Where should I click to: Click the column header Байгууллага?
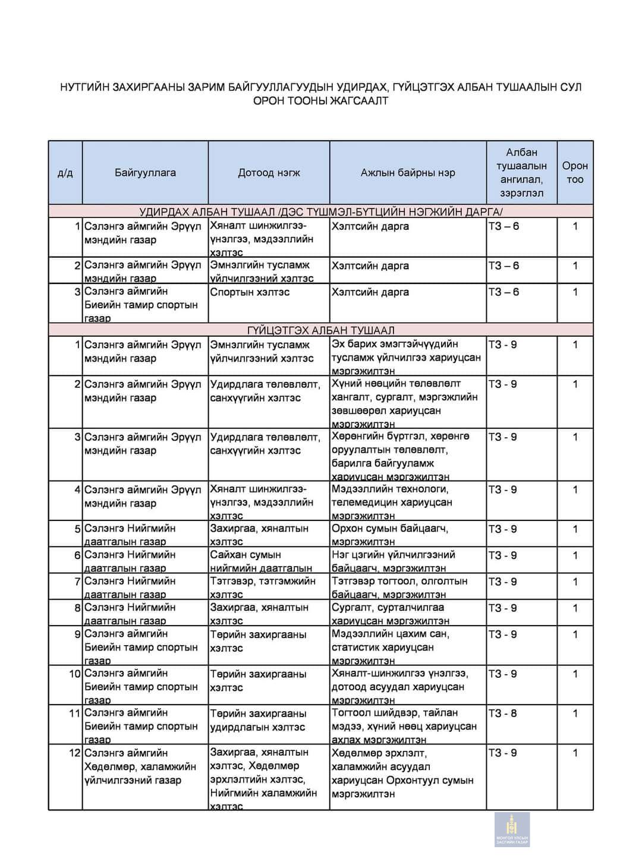(145, 173)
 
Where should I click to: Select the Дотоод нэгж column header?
(269, 173)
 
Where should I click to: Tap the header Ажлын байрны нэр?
(408, 173)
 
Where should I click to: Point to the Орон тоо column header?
(575, 173)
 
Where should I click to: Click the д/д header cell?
(65, 173)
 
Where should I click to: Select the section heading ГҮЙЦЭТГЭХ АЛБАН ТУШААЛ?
(320, 330)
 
